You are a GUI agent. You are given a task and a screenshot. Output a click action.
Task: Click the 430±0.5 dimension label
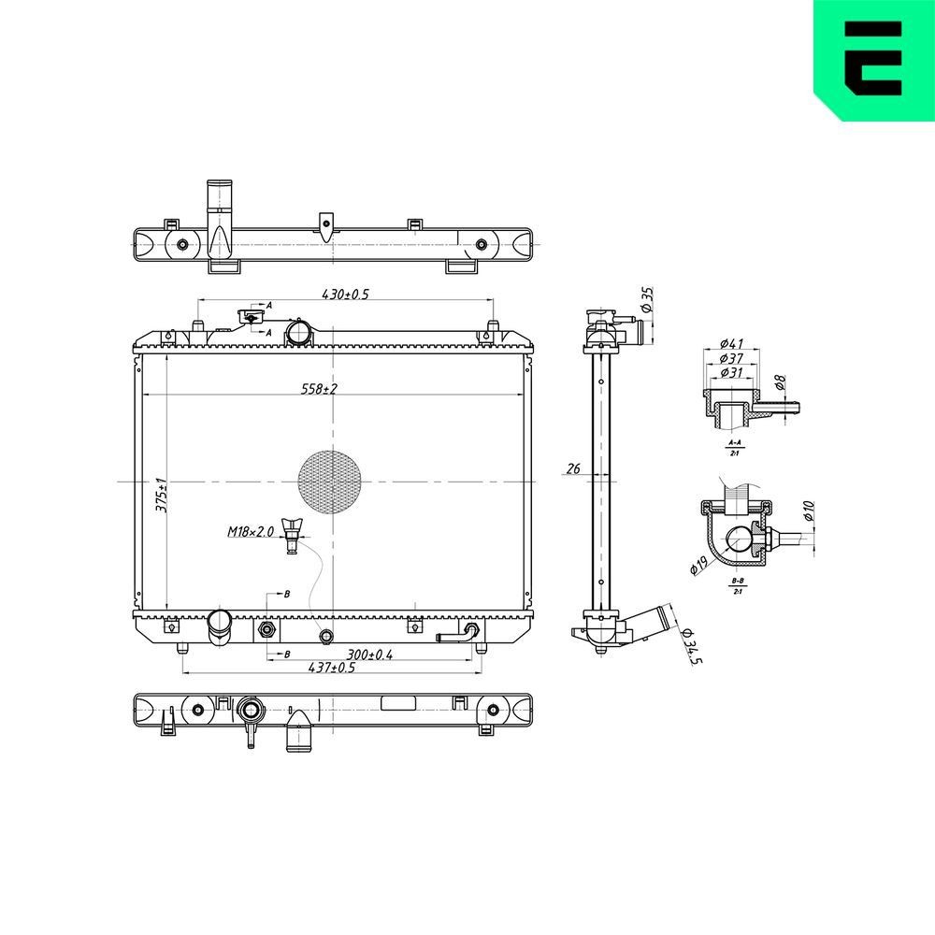pos(346,294)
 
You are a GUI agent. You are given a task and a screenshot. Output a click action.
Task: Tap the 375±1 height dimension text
pos(160,495)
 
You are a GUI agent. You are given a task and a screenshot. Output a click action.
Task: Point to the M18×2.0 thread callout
pos(250,532)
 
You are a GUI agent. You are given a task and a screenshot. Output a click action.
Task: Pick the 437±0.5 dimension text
pos(332,668)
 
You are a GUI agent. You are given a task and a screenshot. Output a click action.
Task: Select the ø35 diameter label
pos(646,300)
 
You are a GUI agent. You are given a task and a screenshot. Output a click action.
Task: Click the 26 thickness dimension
pos(573,468)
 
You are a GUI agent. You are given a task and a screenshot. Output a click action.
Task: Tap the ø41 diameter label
pos(731,344)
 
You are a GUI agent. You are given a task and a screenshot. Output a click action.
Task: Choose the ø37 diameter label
pos(731,359)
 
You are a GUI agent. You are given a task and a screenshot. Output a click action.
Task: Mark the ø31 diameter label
pos(731,373)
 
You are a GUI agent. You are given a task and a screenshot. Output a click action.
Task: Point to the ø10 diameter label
pos(809,511)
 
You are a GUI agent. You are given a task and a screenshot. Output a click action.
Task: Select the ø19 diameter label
pos(697,566)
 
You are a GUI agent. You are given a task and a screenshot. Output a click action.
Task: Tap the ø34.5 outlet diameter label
pos(692,648)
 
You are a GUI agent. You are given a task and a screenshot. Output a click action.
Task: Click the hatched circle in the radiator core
pos(329,482)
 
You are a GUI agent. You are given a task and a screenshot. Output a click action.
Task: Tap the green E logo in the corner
pos(873,59)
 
